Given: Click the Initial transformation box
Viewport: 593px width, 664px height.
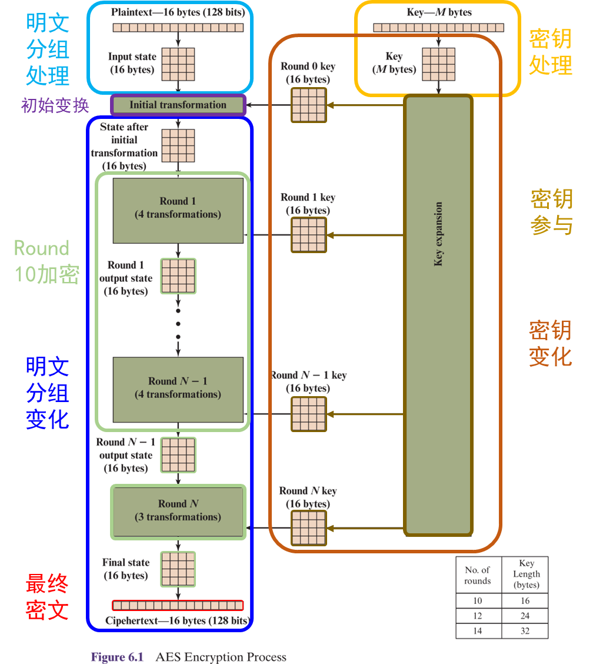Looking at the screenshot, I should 178,105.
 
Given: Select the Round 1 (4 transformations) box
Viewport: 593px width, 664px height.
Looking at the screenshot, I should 178,210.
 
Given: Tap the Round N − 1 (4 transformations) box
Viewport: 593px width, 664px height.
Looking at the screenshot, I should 178,389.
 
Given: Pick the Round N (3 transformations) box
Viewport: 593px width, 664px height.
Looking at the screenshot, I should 178,512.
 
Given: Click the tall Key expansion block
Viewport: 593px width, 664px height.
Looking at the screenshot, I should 438,315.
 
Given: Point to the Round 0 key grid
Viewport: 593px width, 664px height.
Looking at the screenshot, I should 308,105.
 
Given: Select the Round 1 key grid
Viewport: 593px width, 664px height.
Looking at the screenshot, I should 308,235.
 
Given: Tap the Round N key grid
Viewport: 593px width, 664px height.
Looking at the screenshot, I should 308,528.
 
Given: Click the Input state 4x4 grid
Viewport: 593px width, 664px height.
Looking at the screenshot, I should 178,64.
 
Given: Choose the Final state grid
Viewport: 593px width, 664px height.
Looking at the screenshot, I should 178,569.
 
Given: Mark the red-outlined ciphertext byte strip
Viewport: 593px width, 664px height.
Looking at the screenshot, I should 178,605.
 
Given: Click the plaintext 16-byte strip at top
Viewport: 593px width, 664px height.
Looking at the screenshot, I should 178,28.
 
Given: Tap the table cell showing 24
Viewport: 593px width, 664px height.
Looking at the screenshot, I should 525,616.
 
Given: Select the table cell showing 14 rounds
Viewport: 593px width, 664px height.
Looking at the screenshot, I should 478,631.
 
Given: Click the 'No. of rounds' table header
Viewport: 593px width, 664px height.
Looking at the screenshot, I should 478,575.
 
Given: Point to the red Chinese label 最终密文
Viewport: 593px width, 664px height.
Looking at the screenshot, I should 47,597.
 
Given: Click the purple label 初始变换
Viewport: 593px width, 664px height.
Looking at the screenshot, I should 55,106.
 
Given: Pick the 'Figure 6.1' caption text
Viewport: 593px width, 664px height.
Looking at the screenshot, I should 117,657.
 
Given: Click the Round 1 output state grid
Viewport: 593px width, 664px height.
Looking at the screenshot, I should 178,276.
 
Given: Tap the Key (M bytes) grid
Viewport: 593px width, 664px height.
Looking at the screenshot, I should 438,64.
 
